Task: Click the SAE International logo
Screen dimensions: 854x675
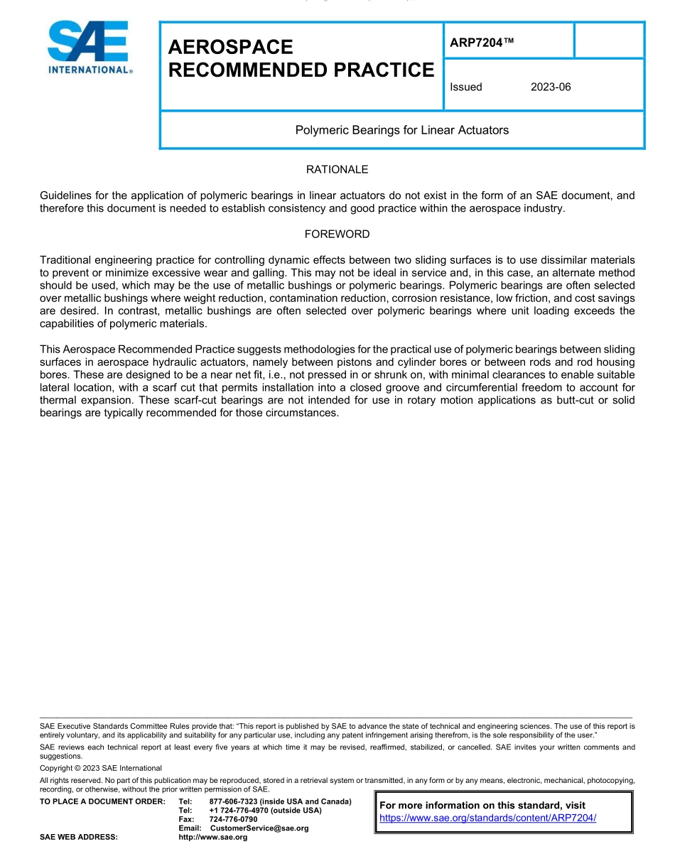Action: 89,48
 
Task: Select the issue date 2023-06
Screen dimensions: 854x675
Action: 551,87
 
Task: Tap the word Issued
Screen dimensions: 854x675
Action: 466,87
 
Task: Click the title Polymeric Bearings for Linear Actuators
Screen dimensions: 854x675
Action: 401,130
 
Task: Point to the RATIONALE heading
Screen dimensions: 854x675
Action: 337,170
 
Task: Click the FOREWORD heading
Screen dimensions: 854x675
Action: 337,234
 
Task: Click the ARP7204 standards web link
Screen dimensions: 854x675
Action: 487,818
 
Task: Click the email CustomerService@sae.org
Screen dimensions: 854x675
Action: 259,828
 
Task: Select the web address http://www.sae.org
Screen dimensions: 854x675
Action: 213,838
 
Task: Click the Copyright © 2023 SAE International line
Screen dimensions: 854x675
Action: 101,768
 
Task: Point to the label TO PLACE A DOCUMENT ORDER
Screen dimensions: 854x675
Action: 102,801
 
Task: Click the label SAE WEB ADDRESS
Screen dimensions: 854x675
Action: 79,838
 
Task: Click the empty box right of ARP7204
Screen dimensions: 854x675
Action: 609,40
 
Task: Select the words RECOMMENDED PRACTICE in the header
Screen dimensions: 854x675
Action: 301,70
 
